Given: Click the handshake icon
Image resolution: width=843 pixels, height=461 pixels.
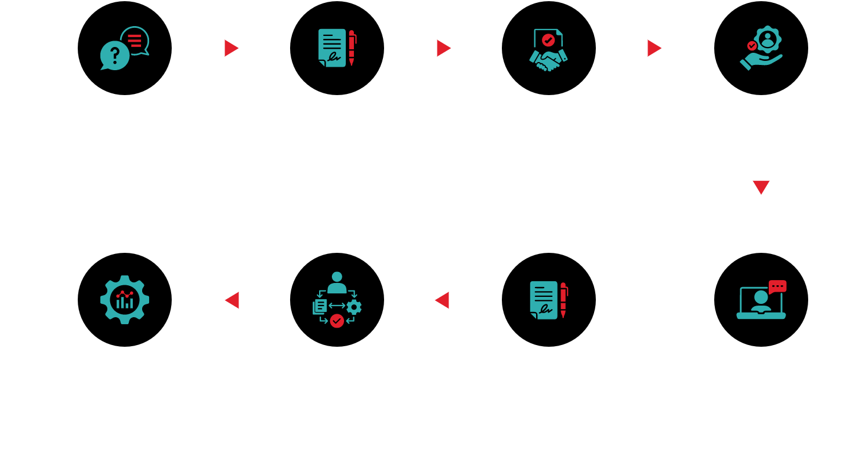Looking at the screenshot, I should coord(548,60).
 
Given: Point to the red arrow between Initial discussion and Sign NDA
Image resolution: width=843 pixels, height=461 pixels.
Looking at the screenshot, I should coord(231,48).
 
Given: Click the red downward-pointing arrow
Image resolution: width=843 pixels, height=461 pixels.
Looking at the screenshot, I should coord(761,187).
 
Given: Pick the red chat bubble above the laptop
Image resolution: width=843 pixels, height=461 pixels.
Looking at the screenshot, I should coord(777,286).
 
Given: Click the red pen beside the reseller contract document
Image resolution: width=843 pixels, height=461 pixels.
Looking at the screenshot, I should coord(563,299).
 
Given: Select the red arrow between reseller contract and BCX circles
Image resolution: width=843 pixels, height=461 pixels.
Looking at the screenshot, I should coord(442,300).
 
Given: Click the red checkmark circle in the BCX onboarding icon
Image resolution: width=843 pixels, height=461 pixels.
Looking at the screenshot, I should coord(337,320).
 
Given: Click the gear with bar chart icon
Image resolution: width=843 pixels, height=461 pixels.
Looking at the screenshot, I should coord(125,300).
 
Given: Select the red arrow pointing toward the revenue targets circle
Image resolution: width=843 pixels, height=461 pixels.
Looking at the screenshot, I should coord(232,300).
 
